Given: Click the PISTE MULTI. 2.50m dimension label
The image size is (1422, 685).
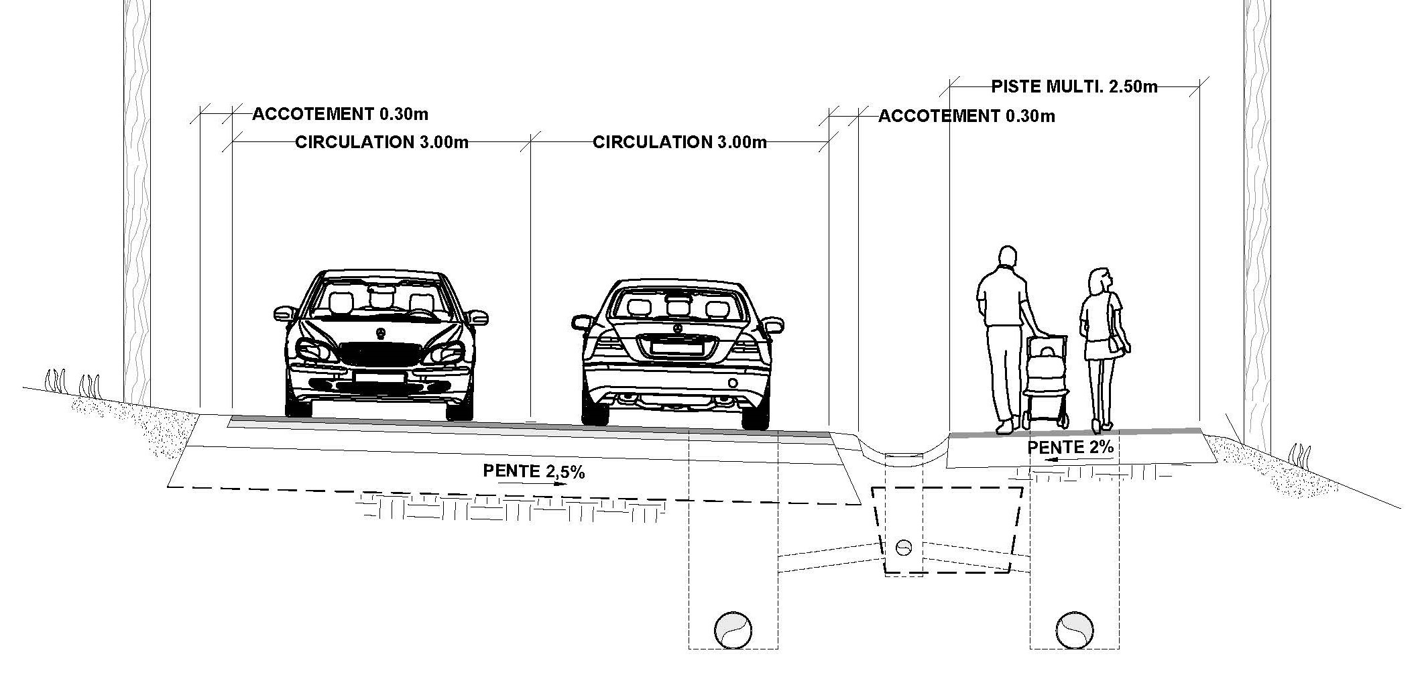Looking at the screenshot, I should point(1074,86).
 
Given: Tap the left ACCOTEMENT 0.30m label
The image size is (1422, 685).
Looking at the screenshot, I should point(340,114).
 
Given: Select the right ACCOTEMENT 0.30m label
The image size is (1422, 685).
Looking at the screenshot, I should point(966,116).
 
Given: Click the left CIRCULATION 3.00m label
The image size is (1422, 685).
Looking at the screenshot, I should point(381,142).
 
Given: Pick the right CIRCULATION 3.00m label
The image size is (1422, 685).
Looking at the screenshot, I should point(679,142).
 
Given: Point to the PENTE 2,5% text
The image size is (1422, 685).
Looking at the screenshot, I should point(534,471).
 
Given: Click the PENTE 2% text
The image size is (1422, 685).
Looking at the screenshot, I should point(1070,446).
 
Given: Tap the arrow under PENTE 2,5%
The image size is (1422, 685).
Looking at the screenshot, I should point(533,483).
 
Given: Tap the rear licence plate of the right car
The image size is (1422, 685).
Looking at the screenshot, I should point(677,347).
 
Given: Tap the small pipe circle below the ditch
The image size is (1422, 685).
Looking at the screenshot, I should point(904,547).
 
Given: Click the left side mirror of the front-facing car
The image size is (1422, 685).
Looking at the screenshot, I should point(285,313).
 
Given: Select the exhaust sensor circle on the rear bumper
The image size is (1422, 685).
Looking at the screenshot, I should point(733,383).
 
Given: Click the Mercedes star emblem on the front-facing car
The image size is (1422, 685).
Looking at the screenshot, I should point(380,334).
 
